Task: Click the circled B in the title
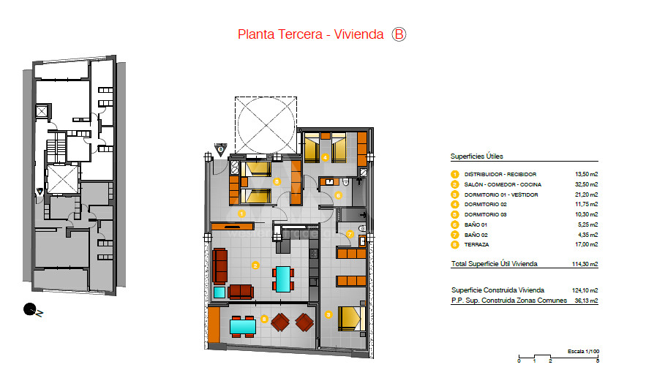tap(399, 34)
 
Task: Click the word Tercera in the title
tap(300, 34)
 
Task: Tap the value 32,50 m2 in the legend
tap(586, 184)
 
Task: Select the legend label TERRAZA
tap(477, 244)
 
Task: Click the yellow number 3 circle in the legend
tap(455, 194)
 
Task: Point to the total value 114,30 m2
tap(585, 264)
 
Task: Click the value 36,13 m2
tap(586, 301)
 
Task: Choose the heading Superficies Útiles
tap(477, 156)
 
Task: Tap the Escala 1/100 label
tap(583, 351)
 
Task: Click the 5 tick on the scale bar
tap(598, 361)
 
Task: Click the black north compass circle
tap(29, 309)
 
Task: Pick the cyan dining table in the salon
tap(283, 279)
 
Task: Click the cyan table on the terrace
tap(243, 327)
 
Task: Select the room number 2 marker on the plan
tap(255, 265)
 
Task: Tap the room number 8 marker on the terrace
tap(264, 319)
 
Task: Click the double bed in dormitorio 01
tap(352, 319)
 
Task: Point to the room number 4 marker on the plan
tap(325, 157)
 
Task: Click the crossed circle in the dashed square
tap(266, 125)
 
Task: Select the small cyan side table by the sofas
tap(219, 292)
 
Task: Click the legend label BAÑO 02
tap(476, 235)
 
